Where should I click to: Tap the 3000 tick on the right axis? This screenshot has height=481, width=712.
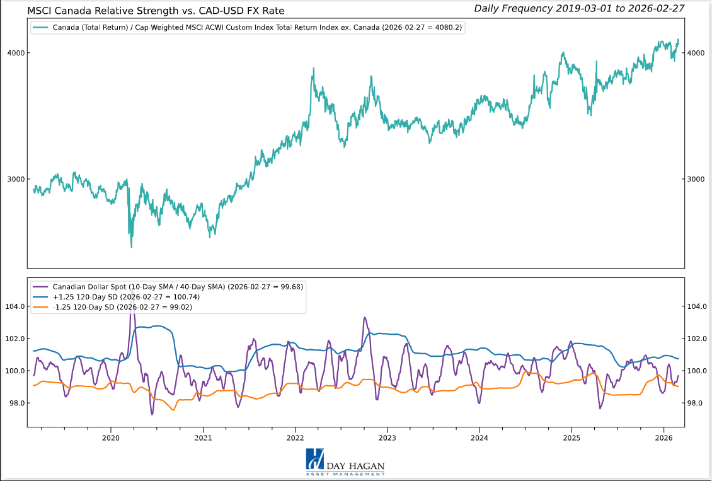696,179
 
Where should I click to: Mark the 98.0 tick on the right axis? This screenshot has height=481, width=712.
697,403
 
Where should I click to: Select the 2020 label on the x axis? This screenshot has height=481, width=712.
110,438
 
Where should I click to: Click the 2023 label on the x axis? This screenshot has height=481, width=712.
387,438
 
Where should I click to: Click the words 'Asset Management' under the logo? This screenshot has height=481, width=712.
345,473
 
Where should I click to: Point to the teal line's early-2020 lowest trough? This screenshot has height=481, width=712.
131,246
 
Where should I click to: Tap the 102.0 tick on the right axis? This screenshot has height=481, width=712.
697,339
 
